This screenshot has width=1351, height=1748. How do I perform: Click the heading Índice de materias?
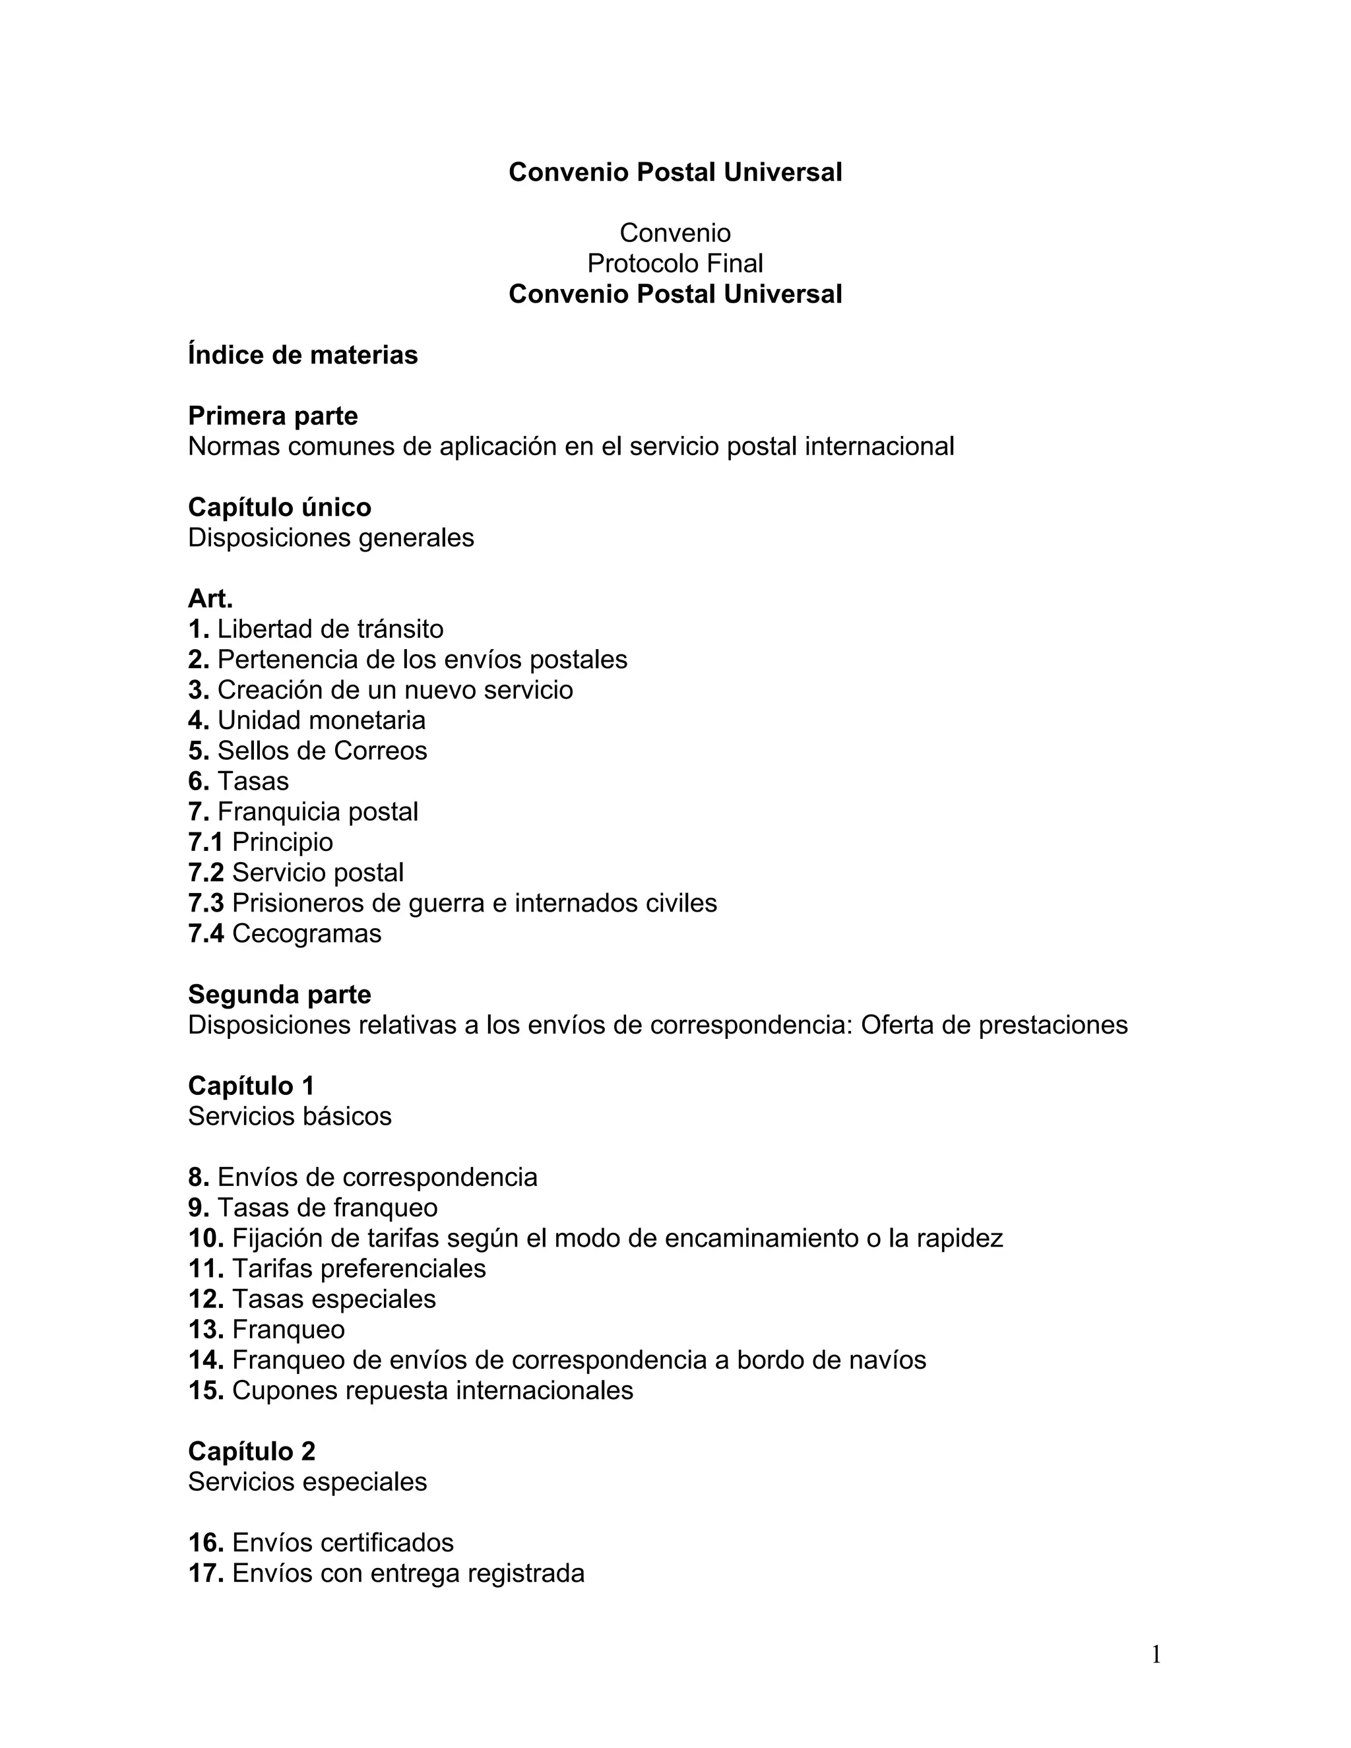click(x=303, y=355)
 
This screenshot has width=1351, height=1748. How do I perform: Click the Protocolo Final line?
click(x=675, y=263)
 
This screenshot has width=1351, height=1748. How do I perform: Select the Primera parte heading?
click(x=273, y=416)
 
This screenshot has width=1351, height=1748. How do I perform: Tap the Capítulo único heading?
click(x=279, y=507)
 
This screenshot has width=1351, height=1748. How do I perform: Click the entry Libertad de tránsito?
click(x=330, y=629)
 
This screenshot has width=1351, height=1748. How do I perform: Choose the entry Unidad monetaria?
click(x=321, y=720)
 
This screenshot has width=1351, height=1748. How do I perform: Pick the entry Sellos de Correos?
click(x=322, y=751)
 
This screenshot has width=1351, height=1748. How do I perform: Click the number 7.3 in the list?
click(x=206, y=903)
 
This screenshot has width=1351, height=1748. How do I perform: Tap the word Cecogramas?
click(x=307, y=933)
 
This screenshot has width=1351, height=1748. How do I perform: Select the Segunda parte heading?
click(x=279, y=995)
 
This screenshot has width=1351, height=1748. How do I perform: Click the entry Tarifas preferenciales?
click(x=359, y=1268)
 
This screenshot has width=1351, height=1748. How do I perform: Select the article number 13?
click(x=206, y=1329)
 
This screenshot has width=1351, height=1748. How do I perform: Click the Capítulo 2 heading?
click(x=251, y=1451)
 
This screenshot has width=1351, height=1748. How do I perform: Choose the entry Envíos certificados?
click(x=342, y=1542)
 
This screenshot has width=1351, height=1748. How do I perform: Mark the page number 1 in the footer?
click(x=1156, y=1654)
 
